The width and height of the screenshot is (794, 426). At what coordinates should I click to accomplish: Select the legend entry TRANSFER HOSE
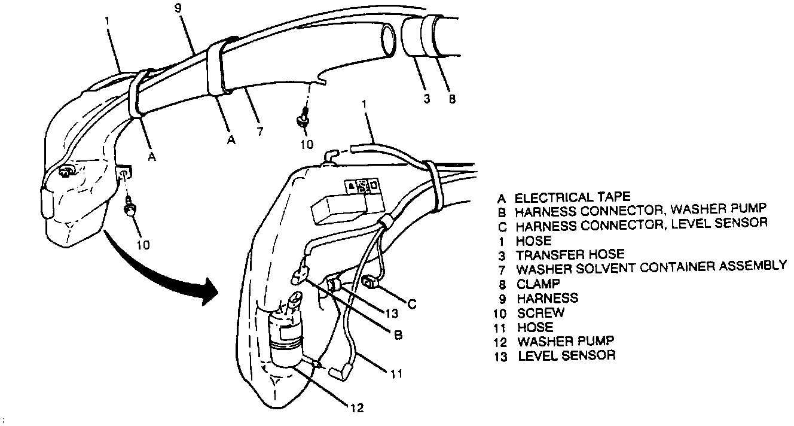570,254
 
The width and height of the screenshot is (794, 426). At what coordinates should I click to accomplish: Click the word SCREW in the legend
540,312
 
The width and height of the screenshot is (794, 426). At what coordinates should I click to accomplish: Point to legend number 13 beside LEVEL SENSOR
501,356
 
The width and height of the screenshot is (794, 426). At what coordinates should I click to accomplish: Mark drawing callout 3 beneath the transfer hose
426,99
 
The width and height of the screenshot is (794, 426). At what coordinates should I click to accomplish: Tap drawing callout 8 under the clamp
451,99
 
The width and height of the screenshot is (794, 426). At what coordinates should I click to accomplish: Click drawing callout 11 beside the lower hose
396,375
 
